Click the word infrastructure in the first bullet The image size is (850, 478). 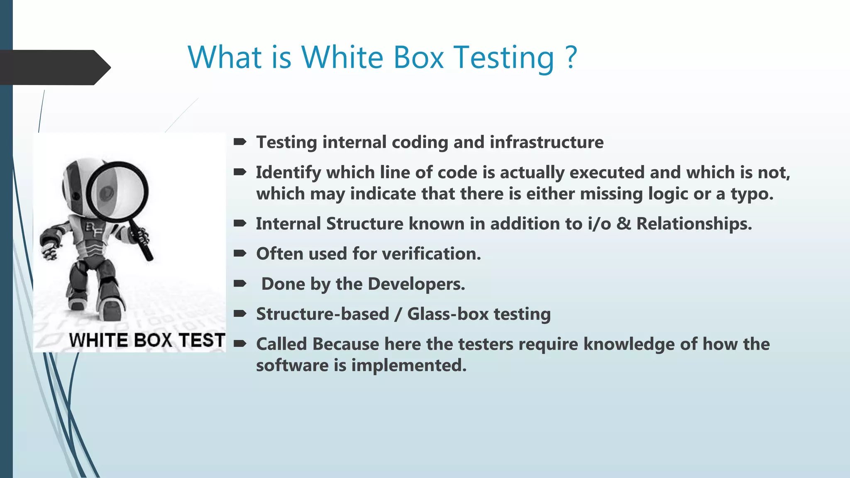tap(547, 142)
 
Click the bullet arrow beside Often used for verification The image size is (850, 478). tap(240, 254)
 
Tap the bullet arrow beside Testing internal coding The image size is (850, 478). tap(240, 142)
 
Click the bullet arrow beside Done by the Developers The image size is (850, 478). tap(240, 284)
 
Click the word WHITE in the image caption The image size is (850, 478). tap(99, 340)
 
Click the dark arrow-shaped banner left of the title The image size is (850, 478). tap(54, 67)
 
